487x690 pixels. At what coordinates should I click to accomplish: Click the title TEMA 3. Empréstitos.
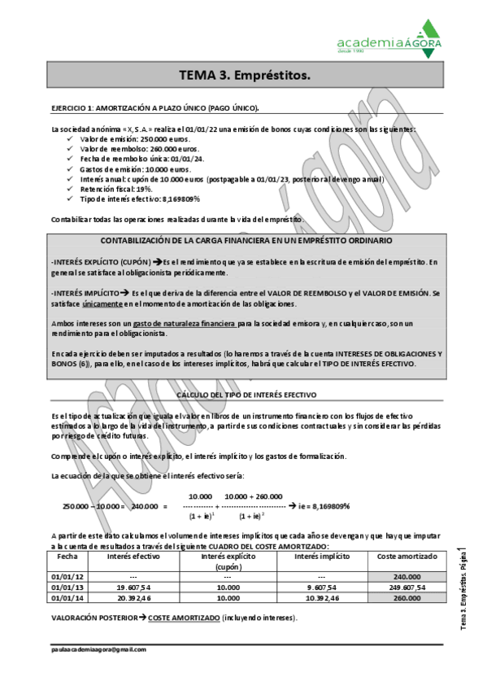click(x=244, y=75)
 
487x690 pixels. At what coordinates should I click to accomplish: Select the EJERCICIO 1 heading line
click(x=155, y=108)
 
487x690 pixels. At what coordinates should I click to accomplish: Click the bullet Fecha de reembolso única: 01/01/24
click(x=141, y=159)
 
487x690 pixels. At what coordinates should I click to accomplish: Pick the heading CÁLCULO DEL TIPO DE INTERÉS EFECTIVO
click(x=246, y=394)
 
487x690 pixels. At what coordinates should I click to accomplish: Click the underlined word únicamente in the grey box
click(x=102, y=303)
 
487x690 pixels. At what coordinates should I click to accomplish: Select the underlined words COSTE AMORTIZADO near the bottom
click(x=183, y=618)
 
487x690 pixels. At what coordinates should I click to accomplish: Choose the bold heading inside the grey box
click(x=246, y=241)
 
